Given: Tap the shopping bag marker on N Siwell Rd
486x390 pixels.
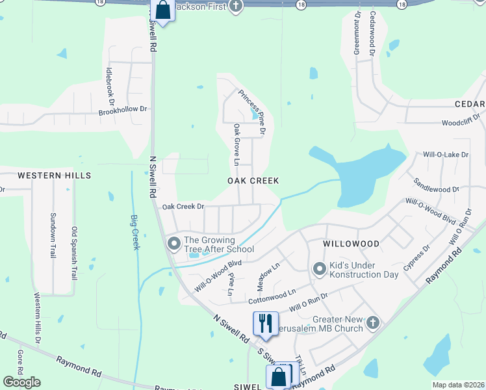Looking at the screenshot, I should (162, 11).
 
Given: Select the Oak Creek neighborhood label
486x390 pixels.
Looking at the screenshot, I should (253, 180).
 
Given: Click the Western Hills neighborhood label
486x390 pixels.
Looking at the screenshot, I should (54, 175).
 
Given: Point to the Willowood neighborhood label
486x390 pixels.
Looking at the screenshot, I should (351, 243).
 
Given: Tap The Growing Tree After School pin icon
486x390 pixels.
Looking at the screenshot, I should (173, 244).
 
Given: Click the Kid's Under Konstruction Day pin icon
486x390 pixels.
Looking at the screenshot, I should (319, 268).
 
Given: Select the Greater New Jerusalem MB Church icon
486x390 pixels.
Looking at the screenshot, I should (372, 322).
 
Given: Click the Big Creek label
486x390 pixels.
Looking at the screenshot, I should (135, 232).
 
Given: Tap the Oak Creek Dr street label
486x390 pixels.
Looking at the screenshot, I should (183, 206).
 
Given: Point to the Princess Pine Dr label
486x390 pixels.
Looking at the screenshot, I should (252, 112).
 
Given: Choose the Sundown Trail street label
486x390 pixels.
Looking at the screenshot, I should (53, 235).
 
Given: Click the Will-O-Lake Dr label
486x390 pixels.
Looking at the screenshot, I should (445, 155).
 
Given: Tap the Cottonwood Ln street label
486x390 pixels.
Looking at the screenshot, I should (272, 296).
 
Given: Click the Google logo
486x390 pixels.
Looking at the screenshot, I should (21, 382).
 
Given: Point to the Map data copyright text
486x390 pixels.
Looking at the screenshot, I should (457, 385).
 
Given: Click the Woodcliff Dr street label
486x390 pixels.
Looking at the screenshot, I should (462, 122).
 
